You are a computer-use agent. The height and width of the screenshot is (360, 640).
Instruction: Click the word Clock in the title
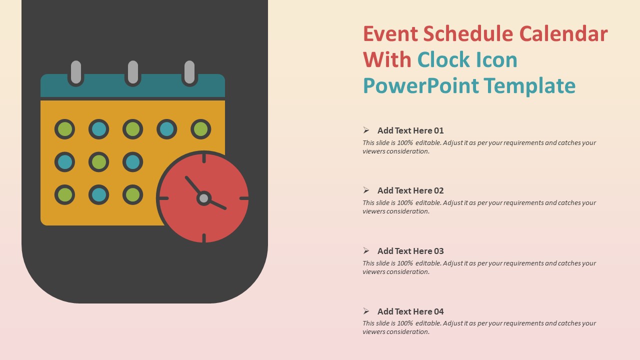coord(443,60)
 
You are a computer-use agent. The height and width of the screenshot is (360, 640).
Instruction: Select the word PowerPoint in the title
coord(421,85)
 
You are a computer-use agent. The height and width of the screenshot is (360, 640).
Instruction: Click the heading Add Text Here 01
coord(410,130)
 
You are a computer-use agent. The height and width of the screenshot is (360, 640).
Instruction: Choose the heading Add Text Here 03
coord(410,251)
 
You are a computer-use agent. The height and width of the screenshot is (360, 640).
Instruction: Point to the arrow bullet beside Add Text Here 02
coord(366,190)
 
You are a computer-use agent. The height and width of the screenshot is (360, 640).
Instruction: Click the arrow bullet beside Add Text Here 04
coord(366,311)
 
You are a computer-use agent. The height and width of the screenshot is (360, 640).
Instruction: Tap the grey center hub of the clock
coord(203,198)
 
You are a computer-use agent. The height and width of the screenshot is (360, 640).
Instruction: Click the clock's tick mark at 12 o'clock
coord(204,158)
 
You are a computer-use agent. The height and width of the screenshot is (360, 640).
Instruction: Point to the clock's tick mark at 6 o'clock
coord(204,238)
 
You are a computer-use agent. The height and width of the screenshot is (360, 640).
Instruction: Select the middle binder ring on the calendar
coord(132,72)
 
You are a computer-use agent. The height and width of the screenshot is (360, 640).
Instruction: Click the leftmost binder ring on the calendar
coord(76,72)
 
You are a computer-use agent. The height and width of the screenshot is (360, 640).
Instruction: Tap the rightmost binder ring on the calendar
coord(189,72)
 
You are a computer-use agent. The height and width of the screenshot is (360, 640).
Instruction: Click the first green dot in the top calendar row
coord(64,129)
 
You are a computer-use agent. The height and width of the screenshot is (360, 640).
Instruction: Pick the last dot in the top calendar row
coord(201,129)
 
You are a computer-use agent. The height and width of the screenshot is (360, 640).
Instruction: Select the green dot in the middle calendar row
coord(99,162)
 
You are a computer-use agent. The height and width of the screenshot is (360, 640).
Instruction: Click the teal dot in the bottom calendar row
coord(99,195)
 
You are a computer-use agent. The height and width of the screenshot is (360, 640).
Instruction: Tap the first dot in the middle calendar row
coord(64,162)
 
